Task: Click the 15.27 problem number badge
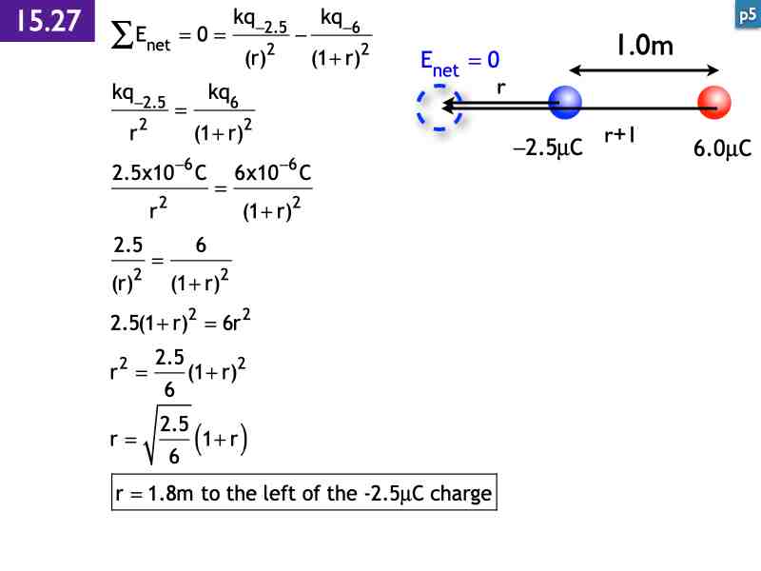48,21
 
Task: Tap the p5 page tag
747,14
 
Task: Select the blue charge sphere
565,102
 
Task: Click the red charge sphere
713,102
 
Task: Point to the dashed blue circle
439,105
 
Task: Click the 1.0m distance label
644,45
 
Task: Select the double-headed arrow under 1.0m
644,69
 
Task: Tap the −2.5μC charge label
547,149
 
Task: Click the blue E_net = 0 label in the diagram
459,62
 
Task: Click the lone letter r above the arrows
500,87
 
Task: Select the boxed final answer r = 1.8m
303,494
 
